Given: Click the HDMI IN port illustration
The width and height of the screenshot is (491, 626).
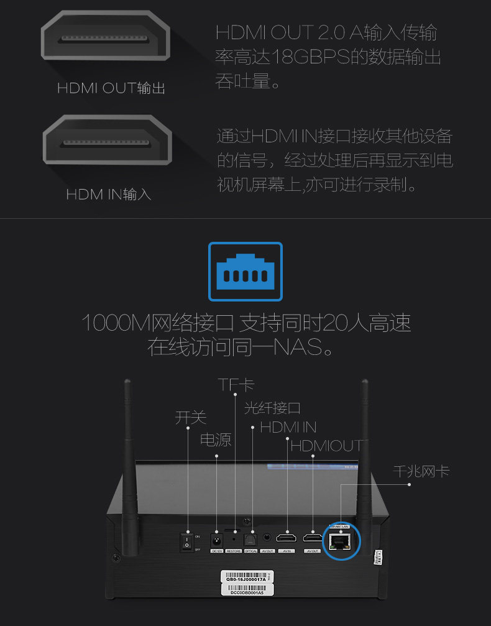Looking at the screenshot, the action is pyautogui.click(x=107, y=142).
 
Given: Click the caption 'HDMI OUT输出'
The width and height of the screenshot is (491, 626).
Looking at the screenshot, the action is pyautogui.click(x=111, y=88).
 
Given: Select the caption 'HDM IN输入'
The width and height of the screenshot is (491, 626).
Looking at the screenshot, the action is pyautogui.click(x=109, y=195).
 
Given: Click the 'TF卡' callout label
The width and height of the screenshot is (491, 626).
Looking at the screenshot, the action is pyautogui.click(x=236, y=385).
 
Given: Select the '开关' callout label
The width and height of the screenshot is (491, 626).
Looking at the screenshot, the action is pyautogui.click(x=190, y=417).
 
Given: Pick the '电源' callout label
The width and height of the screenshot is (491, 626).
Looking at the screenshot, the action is pyautogui.click(x=216, y=440).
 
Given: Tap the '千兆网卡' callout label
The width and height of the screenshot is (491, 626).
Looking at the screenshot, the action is pyautogui.click(x=421, y=471).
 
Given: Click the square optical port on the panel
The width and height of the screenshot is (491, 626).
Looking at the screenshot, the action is pyautogui.click(x=250, y=540).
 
